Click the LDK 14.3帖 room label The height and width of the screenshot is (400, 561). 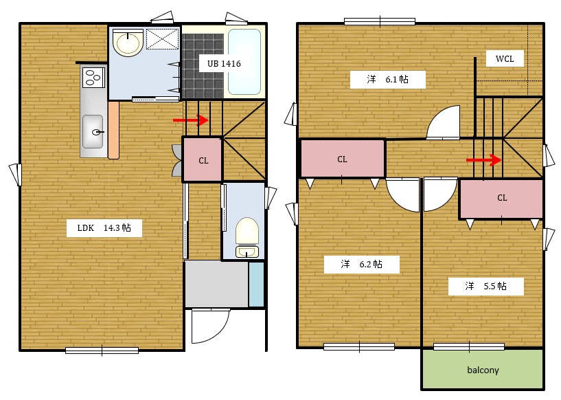click(x=104, y=227)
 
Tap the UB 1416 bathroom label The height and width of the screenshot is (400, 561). click(x=224, y=64)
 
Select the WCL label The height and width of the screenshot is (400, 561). click(x=505, y=58)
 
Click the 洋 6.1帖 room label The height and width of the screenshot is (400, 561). click(x=387, y=79)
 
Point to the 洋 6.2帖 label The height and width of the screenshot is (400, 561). click(x=361, y=265)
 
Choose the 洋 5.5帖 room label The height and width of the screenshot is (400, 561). click(x=486, y=286)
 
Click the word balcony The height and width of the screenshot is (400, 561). click(x=483, y=370)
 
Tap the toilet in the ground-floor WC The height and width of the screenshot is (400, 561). click(x=247, y=237)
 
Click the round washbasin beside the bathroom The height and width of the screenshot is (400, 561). click(x=128, y=43)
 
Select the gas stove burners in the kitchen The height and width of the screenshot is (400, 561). click(x=93, y=78)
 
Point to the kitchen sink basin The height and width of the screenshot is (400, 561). click(x=93, y=132)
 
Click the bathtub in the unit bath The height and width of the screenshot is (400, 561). click(x=244, y=62)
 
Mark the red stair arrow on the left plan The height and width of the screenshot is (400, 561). click(x=191, y=120)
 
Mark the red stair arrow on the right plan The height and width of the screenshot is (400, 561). click(x=483, y=160)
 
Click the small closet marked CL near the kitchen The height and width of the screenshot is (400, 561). click(x=202, y=159)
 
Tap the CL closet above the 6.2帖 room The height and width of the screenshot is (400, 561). click(x=343, y=159)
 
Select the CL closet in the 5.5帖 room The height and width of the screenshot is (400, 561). click(x=501, y=199)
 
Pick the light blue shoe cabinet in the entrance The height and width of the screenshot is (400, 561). click(x=256, y=285)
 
